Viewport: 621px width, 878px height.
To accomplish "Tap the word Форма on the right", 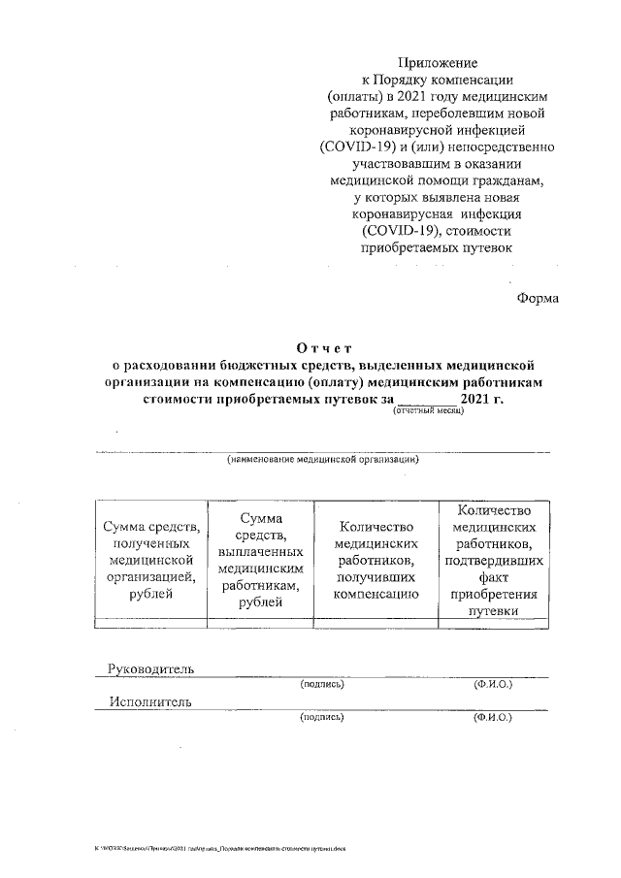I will tap(537, 298).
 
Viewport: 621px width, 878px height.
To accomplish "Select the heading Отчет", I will tap(324, 348).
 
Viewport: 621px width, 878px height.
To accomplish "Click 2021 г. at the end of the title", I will tap(482, 397).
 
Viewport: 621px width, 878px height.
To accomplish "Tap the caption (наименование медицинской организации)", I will tap(322, 460).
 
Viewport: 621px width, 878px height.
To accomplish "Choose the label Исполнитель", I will tap(150, 701).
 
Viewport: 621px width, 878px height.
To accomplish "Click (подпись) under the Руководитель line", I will tap(322, 685).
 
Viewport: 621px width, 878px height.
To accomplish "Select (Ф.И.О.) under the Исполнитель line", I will tap(493, 718).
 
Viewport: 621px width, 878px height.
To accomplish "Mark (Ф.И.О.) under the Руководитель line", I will tap(493, 685).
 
